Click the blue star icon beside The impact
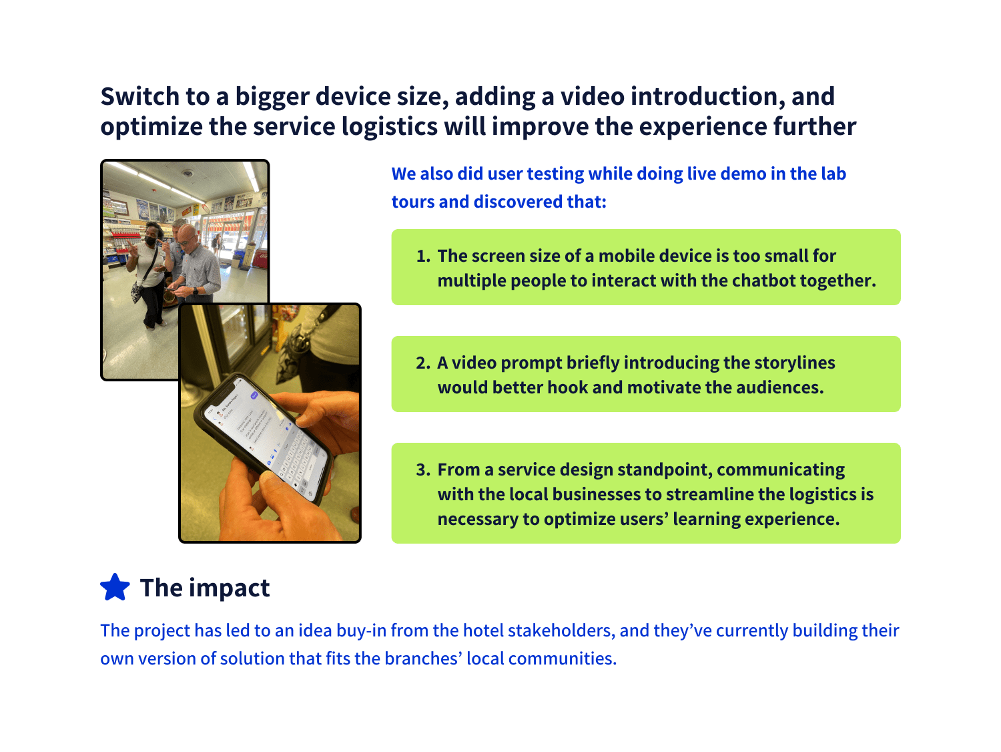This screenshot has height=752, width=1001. (x=115, y=588)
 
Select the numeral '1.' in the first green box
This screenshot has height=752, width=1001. (x=424, y=256)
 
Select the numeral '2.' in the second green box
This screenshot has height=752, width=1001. (x=423, y=363)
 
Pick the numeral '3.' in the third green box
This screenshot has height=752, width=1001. (x=423, y=470)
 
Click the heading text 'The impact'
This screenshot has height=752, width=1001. (x=205, y=588)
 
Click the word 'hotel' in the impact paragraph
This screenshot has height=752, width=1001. (x=483, y=631)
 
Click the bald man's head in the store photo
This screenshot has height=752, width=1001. (x=188, y=235)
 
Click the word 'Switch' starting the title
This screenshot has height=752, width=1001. (x=140, y=97)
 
